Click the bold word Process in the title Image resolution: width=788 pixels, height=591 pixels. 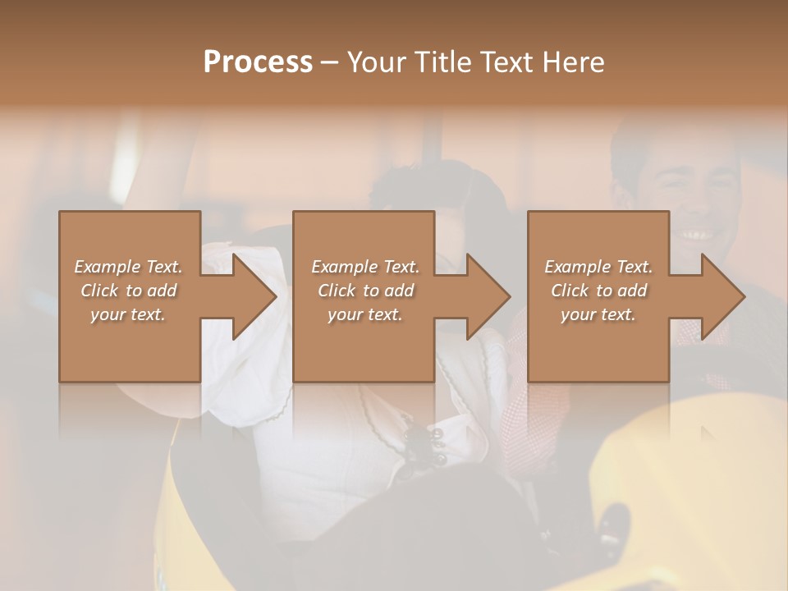click(258, 62)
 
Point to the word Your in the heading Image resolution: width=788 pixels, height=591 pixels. click(376, 62)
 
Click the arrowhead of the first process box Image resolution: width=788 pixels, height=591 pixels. click(254, 296)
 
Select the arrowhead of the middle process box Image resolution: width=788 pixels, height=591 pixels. click(488, 296)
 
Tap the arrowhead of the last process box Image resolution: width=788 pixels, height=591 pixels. click(722, 296)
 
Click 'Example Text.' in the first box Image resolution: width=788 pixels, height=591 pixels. click(128, 267)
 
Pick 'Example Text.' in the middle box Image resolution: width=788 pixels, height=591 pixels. click(365, 267)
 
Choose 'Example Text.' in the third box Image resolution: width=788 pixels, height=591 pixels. click(598, 267)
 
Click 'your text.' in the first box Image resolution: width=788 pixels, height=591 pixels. click(128, 314)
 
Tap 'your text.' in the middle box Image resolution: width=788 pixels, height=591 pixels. click(365, 314)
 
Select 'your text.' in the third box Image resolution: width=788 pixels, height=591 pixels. click(598, 314)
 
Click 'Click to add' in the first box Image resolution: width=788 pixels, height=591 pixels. click(128, 291)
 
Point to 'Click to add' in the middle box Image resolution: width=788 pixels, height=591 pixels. click(365, 291)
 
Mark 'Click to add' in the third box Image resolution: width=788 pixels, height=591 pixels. click(598, 291)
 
